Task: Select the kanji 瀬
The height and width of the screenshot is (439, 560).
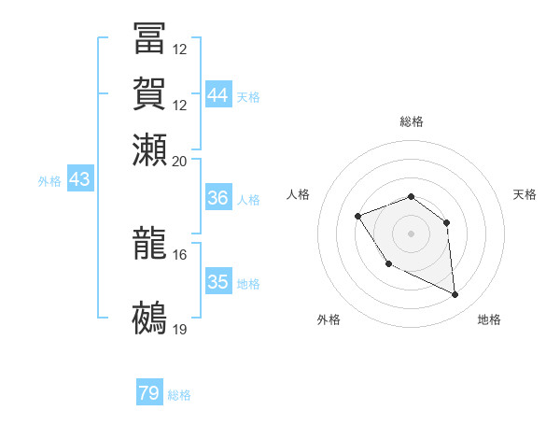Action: tap(149, 149)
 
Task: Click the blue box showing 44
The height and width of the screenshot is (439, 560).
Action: tap(218, 95)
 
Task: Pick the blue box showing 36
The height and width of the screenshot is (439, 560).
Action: tap(218, 198)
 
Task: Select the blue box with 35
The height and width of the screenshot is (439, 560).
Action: tap(218, 282)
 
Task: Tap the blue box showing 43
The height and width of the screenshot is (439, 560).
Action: tap(79, 179)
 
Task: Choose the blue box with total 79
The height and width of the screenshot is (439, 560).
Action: tap(149, 393)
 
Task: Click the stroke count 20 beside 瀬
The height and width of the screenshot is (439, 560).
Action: tap(180, 161)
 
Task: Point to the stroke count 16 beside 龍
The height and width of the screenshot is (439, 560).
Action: tap(180, 254)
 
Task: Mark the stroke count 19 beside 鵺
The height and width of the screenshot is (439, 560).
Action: tap(180, 329)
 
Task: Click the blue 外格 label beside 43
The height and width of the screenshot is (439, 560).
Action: tap(49, 181)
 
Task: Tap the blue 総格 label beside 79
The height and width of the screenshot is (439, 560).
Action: tap(179, 395)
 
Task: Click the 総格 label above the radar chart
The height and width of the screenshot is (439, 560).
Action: tap(412, 121)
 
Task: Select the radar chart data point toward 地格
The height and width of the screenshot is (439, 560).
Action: tap(455, 295)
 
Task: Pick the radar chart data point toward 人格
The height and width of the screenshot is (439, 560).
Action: tap(358, 217)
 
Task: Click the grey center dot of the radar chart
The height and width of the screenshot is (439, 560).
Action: tap(412, 232)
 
